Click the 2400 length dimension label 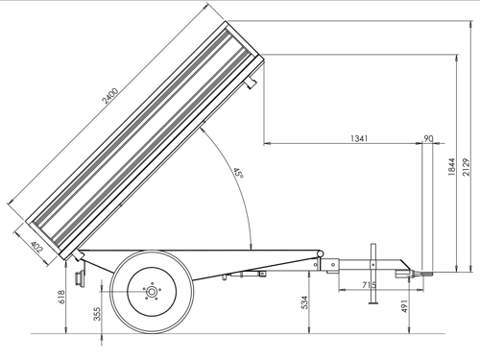[x=110, y=96]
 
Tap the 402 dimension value [x=36, y=247]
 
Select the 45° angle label [x=239, y=173]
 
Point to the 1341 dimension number [x=359, y=138]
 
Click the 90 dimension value [x=428, y=138]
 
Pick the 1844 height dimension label [x=451, y=167]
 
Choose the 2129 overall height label [x=467, y=167]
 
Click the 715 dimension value [x=369, y=284]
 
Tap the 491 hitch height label [x=404, y=306]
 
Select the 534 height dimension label [x=304, y=302]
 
